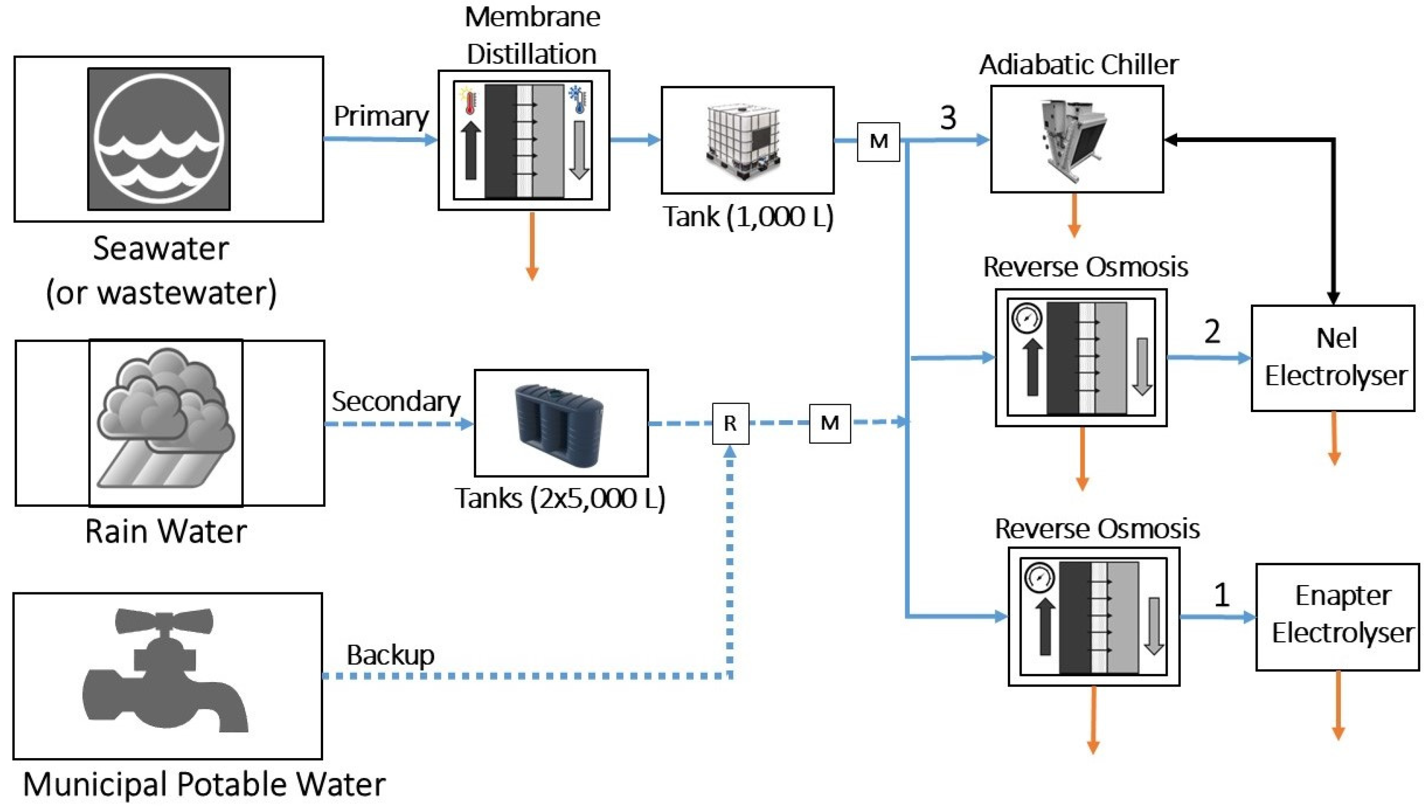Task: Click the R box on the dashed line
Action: [730, 423]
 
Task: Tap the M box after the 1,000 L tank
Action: [878, 142]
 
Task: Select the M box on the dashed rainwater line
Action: [830, 423]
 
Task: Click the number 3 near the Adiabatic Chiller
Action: [948, 118]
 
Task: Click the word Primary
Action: [381, 116]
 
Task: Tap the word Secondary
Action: [396, 401]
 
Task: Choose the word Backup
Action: [390, 655]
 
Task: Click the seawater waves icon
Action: [159, 139]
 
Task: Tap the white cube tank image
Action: [744, 142]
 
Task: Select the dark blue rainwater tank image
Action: [560, 423]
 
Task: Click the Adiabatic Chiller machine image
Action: [1074, 139]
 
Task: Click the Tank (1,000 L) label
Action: [748, 217]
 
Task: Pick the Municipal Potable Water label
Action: [204, 785]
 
